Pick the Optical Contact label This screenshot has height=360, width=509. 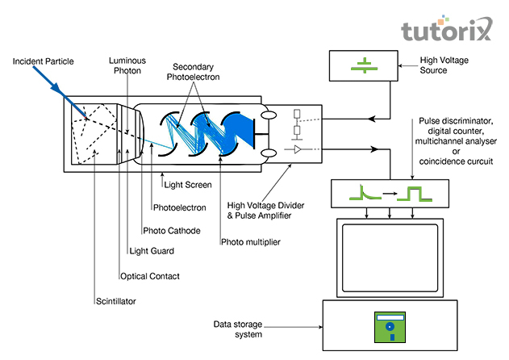(150, 276)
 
